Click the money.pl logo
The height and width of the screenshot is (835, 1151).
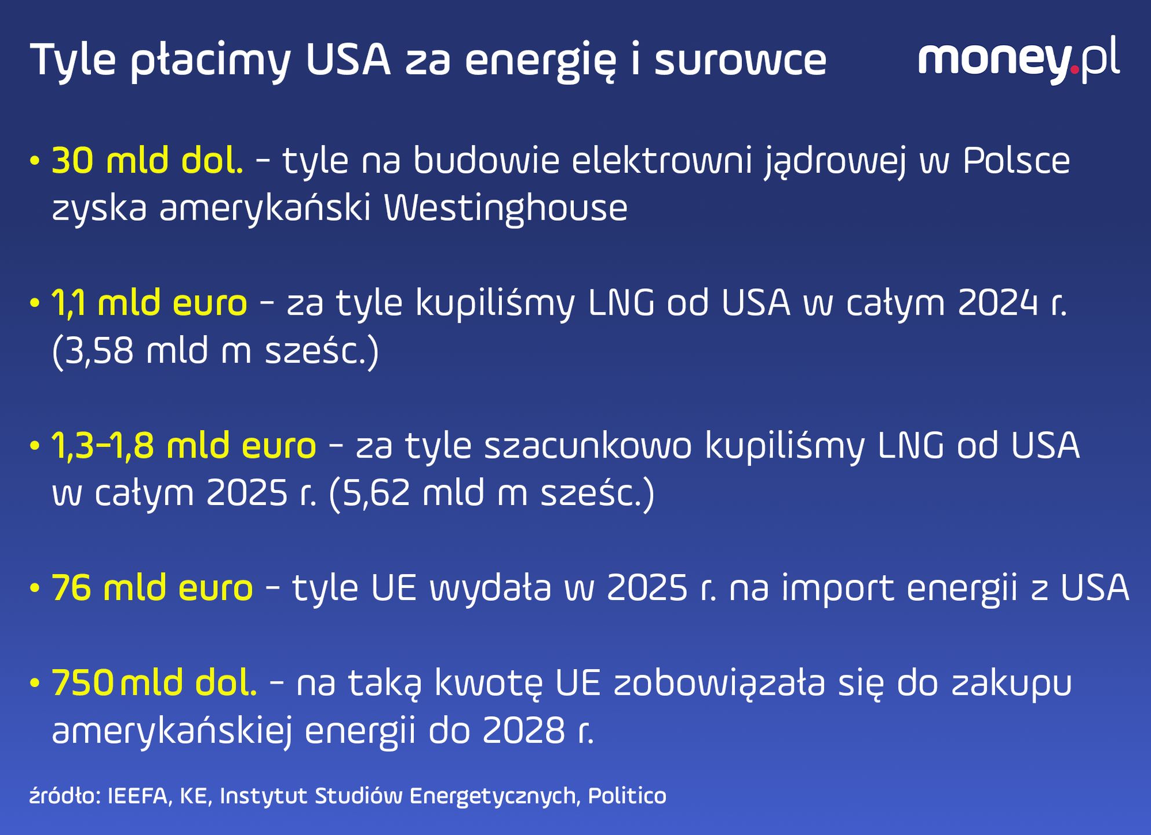pos(1019,60)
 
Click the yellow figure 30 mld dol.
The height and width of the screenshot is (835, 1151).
pos(148,161)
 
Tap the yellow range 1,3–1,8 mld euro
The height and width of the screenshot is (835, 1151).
pos(184,445)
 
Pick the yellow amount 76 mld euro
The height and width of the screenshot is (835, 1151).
pos(152,587)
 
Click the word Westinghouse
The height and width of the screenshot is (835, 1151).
pos(506,209)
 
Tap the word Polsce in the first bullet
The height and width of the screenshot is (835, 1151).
pos(1017,161)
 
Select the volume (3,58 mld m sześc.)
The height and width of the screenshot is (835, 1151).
pos(216,351)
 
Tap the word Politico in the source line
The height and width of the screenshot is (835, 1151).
pos(627,796)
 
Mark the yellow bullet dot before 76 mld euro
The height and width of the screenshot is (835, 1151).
pos(35,589)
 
